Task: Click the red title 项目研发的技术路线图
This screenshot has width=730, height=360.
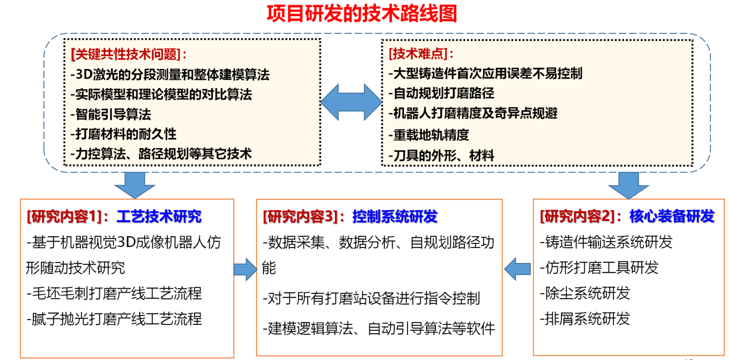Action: (362, 14)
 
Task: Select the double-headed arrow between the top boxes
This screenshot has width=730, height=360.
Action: (351, 102)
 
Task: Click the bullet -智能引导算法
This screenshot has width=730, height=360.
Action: (111, 114)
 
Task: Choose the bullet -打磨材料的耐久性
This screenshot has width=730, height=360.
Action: (124, 134)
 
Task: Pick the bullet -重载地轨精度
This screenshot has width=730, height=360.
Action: (429, 134)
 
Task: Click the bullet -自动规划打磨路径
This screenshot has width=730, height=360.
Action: (441, 93)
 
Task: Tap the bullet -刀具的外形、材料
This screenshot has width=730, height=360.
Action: (441, 155)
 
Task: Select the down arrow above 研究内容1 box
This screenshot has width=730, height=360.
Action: (135, 185)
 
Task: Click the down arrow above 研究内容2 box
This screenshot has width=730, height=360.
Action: (629, 185)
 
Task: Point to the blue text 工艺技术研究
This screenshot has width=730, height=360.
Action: (159, 217)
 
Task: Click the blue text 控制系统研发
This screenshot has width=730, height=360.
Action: (395, 217)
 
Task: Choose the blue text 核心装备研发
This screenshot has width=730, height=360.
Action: (672, 216)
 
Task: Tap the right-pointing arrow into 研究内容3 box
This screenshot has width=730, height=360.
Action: (245, 270)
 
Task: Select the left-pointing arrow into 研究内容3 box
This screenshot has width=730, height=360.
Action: (517, 269)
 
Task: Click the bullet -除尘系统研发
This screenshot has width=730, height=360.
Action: (585, 293)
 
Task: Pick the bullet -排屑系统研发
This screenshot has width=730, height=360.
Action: (585, 318)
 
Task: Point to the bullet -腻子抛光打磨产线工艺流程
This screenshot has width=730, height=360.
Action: (114, 319)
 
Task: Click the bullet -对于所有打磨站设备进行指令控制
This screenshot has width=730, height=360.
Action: (371, 298)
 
